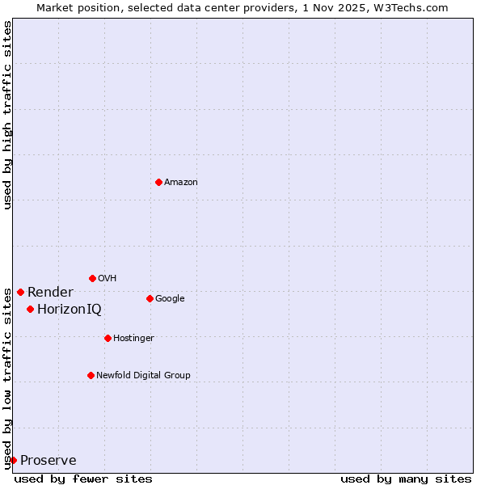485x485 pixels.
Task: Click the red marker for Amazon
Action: (158, 182)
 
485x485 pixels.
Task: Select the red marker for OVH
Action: (92, 278)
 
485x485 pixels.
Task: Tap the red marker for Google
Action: (150, 298)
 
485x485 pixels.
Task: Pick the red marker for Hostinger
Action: (108, 338)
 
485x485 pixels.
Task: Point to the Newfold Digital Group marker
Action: (91, 375)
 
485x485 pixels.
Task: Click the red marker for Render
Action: (20, 292)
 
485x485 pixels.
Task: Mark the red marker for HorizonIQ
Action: (30, 309)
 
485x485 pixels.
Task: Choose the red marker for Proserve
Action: (13, 460)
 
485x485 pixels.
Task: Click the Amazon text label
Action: (181, 182)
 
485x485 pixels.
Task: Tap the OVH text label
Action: (108, 278)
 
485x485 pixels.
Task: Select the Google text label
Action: (170, 298)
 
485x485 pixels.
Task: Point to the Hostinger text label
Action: (133, 338)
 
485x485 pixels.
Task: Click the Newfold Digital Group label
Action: (143, 375)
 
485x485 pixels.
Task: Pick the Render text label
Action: (50, 292)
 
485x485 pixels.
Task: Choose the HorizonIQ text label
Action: (70, 309)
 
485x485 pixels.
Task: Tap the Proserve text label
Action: (48, 460)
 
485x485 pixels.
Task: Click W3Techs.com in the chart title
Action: (415, 7)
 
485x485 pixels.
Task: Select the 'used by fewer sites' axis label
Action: (83, 479)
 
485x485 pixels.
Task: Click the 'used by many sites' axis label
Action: (406, 479)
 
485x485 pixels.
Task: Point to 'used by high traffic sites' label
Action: (7, 115)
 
